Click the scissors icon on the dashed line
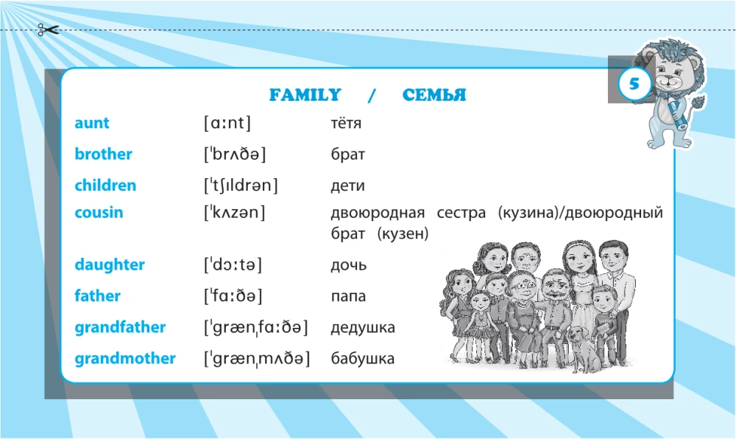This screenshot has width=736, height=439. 48,30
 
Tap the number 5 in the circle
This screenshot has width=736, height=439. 634,84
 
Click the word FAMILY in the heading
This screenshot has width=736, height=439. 305,95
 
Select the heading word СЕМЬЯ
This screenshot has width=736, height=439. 434,95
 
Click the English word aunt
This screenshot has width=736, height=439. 91,123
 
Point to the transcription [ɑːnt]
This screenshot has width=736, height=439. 227,123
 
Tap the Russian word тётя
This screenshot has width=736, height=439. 346,123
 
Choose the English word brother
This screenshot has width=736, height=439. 103,154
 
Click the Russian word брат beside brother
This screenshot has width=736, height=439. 348,154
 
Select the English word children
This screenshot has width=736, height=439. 105,185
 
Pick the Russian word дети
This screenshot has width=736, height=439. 348,186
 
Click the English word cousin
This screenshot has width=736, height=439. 99,212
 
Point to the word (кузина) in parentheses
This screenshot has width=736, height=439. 528,213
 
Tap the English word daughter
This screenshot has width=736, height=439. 110,264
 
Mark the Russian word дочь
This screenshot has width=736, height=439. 348,265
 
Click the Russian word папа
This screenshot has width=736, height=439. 348,296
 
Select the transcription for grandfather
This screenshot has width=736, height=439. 256,327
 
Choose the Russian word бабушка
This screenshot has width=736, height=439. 362,358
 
